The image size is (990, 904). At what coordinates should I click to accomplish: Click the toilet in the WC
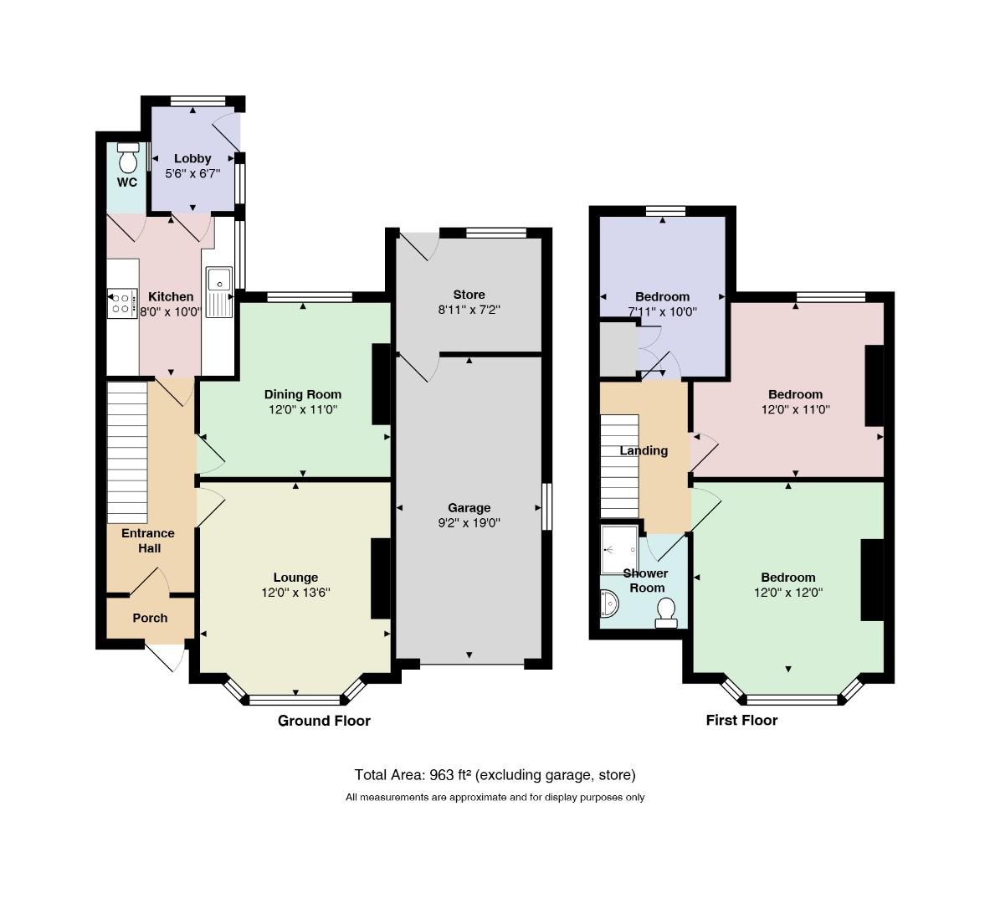(x=128, y=158)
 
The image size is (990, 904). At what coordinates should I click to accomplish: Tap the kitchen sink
(x=219, y=292)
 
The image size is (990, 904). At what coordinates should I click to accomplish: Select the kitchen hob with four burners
(x=122, y=303)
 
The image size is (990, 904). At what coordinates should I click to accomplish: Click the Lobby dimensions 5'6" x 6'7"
(x=192, y=174)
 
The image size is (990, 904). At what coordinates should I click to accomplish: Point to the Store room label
(x=469, y=295)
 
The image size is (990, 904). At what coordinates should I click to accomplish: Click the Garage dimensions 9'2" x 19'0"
(x=469, y=523)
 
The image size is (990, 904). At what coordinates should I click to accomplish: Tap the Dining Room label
(x=303, y=395)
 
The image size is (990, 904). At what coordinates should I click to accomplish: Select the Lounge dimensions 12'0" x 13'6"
(x=295, y=593)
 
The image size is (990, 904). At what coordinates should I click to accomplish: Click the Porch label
(x=151, y=618)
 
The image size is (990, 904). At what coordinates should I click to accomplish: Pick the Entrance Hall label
(x=148, y=541)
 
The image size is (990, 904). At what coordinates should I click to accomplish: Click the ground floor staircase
(x=127, y=452)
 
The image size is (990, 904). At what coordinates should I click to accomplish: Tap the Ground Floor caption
(x=324, y=721)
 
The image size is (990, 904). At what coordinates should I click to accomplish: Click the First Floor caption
(x=741, y=720)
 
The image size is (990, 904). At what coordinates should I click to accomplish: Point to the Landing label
(x=644, y=450)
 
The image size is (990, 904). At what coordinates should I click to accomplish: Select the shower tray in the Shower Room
(x=619, y=549)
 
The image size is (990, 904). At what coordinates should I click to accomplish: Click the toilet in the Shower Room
(x=666, y=614)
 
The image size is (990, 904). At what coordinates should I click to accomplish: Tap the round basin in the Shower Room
(x=608, y=604)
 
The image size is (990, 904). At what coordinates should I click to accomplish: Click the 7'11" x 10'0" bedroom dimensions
(x=662, y=311)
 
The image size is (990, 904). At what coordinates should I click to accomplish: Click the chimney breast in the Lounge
(x=381, y=578)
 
